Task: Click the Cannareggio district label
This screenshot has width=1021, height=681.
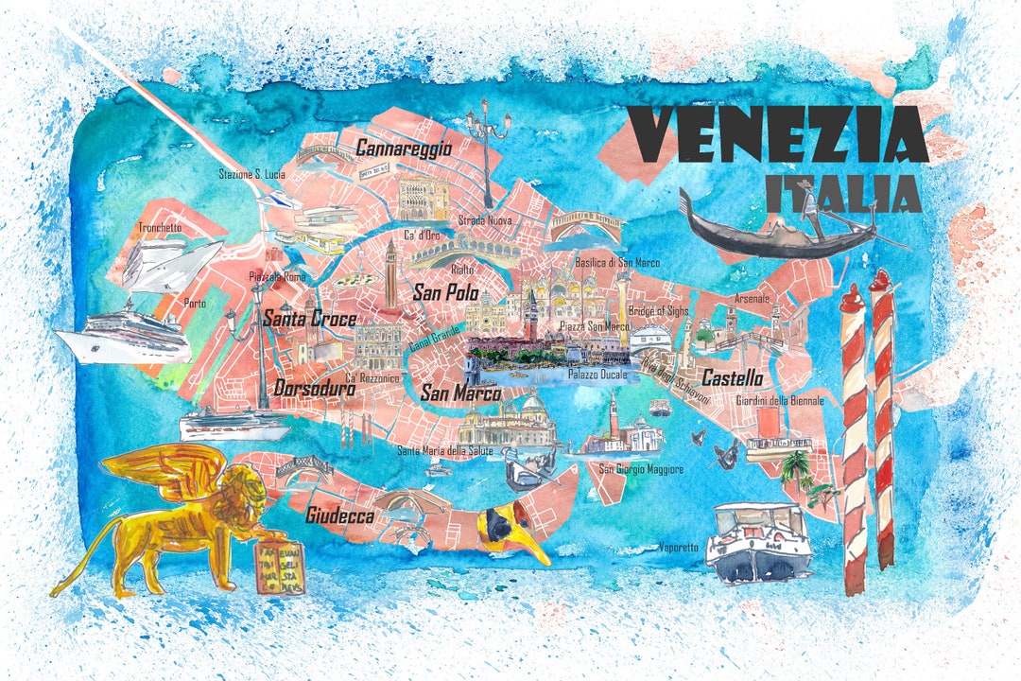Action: coord(404,148)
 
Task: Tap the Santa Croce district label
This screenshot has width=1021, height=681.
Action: coord(309,318)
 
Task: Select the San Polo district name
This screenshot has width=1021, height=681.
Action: coord(445,293)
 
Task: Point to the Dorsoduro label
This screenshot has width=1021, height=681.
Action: coord(315,388)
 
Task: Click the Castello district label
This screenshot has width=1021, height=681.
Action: coord(732,378)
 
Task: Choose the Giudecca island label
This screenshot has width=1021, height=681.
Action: coord(339,516)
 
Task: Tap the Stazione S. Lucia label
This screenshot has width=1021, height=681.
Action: coord(252,174)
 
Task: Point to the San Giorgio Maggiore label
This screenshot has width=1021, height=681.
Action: coord(642,469)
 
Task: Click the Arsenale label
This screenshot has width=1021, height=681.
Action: coord(753,299)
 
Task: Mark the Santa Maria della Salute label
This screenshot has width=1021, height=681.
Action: coord(443,450)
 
